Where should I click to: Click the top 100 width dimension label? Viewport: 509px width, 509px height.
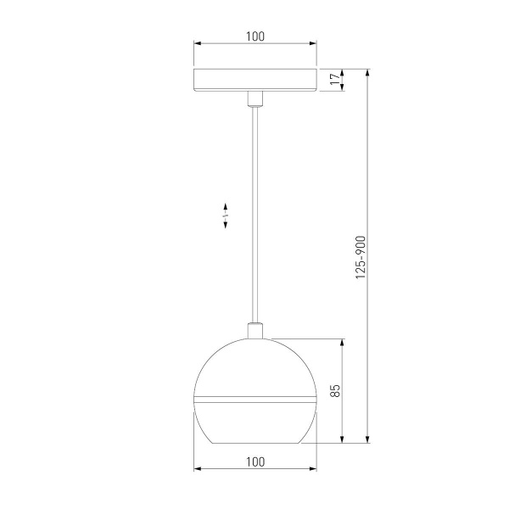point(255,36)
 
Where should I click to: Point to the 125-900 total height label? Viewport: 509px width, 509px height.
point(360,259)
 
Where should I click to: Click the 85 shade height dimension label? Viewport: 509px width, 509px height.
point(335,391)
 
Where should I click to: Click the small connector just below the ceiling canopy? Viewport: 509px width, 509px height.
point(255,98)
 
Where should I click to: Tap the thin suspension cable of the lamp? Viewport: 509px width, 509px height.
point(255,212)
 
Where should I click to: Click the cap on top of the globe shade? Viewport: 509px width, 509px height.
point(255,331)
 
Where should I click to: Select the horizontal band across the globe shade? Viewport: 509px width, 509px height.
point(255,397)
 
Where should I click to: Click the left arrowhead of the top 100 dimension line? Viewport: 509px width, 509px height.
point(197,43)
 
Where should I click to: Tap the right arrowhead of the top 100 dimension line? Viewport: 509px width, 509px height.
point(313,43)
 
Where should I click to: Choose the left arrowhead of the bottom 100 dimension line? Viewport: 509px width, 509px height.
point(197,468)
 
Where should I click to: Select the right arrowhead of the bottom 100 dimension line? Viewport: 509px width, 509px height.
point(313,468)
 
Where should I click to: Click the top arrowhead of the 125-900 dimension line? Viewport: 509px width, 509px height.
point(368,73)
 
